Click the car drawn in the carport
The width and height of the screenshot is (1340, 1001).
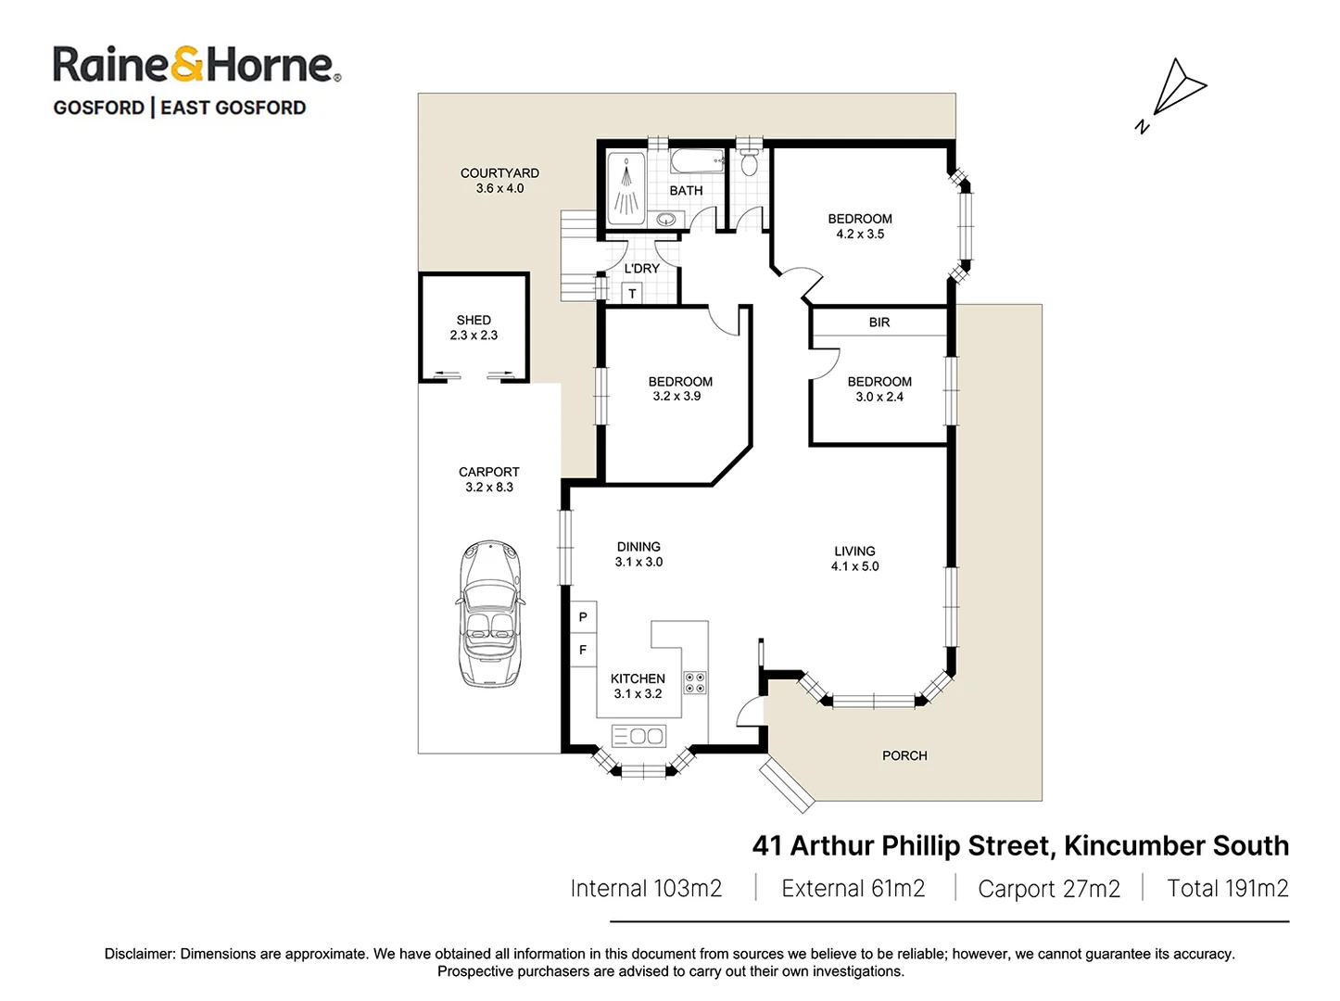coord(489,615)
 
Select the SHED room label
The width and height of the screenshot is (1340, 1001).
coord(474,327)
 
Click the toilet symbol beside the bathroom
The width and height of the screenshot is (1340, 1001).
coord(749,163)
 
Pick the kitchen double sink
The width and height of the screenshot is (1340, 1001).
coord(638,736)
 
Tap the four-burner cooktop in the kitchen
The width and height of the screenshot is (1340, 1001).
coord(694,683)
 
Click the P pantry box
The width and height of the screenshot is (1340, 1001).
coord(583,617)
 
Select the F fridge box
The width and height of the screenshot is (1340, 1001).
coord(583,650)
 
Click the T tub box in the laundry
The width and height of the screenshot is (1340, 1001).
coord(633,294)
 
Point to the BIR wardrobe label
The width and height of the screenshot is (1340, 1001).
coord(879,323)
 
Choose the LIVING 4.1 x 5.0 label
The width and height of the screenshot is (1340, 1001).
coord(854,558)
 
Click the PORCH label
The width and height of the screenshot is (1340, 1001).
coord(904,755)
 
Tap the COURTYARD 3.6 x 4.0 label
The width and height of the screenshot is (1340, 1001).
coord(499,180)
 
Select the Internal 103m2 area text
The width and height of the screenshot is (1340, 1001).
coord(646,888)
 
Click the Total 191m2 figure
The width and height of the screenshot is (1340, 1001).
coord(1227,888)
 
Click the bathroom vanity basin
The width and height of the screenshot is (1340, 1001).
coord(665,220)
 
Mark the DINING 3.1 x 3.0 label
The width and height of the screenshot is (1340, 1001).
coord(638,554)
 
